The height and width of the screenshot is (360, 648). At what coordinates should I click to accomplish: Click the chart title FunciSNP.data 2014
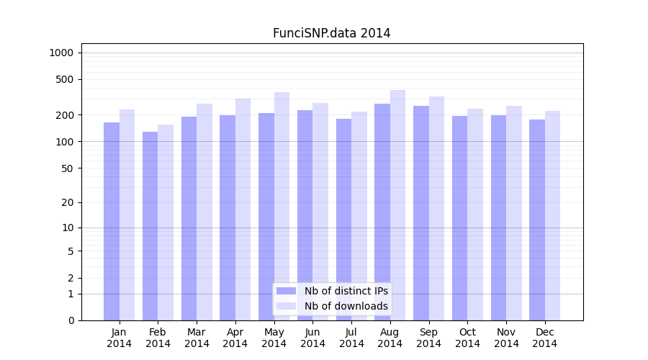tap(331, 33)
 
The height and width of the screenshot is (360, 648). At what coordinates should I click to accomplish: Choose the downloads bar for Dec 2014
tap(552, 216)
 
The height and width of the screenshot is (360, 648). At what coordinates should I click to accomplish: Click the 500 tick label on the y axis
tap(65, 79)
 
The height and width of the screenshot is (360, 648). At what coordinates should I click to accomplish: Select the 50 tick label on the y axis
tap(67, 168)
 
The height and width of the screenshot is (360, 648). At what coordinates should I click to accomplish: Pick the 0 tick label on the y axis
tap(71, 320)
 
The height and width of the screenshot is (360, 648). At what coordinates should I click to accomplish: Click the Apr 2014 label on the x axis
tap(235, 338)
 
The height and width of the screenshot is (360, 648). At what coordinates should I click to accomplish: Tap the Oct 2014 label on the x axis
tap(467, 338)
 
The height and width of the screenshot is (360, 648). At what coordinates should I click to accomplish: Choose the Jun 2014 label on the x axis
tap(312, 338)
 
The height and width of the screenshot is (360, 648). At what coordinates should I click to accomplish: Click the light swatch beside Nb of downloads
tap(287, 306)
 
